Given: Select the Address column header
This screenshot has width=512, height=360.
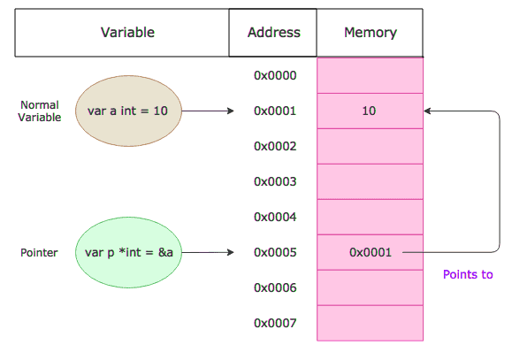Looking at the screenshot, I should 273,33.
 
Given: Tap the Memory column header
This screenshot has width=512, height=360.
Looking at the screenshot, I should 370,33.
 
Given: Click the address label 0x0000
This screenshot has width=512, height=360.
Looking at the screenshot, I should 274,76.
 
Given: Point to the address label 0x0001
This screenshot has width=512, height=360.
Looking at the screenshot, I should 274,111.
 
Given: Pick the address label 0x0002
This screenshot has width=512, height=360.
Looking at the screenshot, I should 274,147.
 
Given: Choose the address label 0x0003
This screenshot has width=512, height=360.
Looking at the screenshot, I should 274,182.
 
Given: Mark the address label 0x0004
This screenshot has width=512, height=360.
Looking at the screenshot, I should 274,218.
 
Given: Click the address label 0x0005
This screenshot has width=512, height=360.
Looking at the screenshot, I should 274,253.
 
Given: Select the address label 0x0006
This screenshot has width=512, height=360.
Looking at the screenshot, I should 274,288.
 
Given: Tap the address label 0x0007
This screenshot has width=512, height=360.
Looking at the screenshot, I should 274,324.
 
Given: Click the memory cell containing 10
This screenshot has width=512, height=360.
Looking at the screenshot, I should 370,111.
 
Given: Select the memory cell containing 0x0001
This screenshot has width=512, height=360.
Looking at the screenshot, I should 370,253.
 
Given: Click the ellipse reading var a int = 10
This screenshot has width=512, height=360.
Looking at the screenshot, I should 128,111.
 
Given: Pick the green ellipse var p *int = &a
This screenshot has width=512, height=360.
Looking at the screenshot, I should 128,253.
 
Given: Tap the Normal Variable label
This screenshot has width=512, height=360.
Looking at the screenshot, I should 40,111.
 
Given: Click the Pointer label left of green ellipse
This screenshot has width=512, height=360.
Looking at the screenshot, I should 39,253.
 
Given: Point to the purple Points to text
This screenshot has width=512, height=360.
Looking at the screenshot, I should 468,275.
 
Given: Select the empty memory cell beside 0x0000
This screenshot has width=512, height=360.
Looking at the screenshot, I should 370,75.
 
